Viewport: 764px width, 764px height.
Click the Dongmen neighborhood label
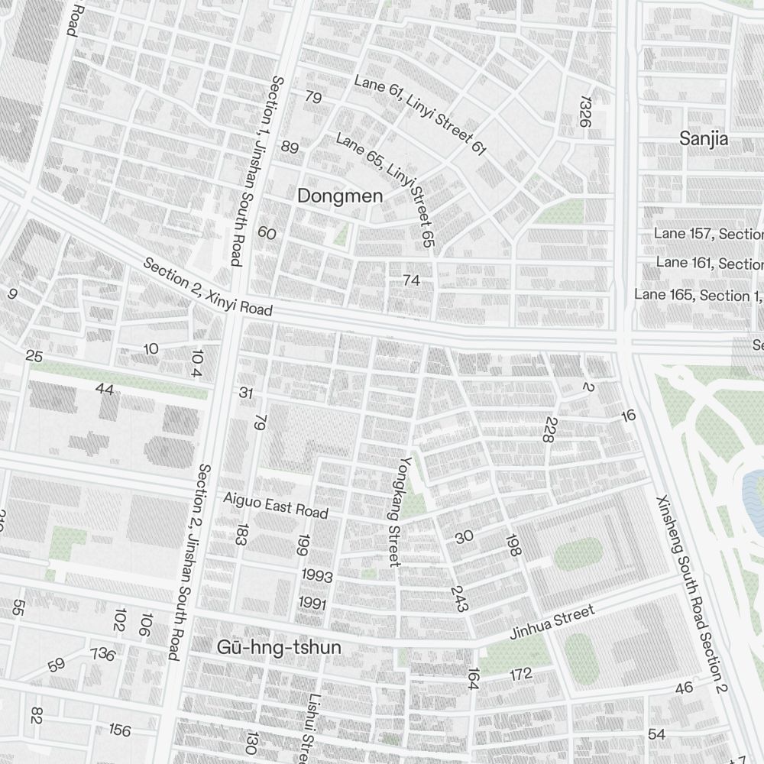(339, 196)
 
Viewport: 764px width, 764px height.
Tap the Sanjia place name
(704, 138)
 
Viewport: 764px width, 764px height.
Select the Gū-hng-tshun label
(279, 648)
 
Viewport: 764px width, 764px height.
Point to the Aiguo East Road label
(276, 506)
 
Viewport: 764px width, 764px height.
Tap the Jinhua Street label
(552, 623)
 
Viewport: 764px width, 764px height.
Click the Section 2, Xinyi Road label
(208, 286)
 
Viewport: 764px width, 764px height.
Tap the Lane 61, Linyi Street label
(420, 115)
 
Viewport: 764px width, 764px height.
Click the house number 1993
(317, 575)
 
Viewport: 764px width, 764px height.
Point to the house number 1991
(313, 604)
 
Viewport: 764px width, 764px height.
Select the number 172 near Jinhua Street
(520, 674)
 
